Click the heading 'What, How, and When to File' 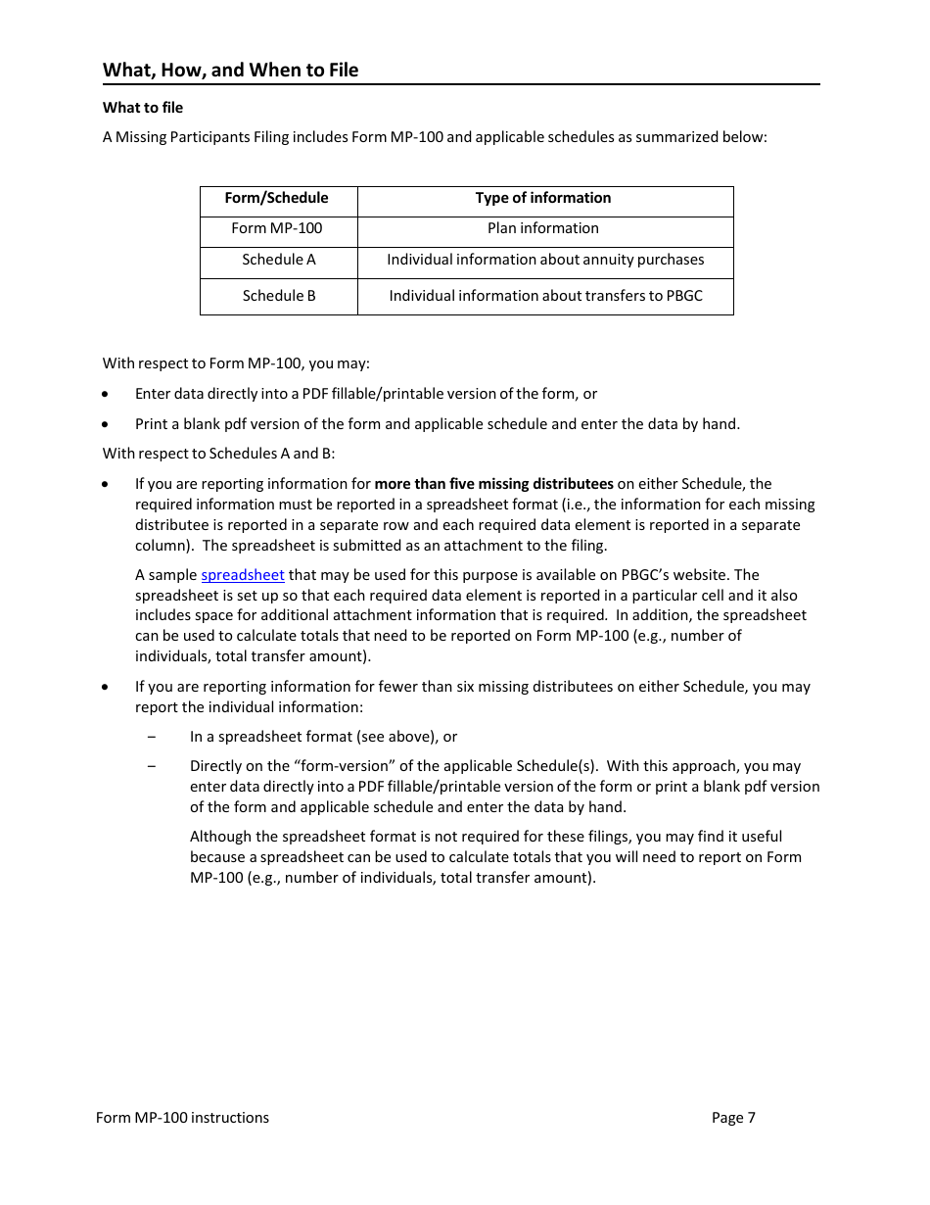(x=230, y=70)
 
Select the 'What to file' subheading (x=143, y=108)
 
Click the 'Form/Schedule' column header (x=277, y=198)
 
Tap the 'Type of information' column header (x=543, y=198)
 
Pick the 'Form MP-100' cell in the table (x=277, y=228)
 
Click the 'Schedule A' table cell (x=279, y=260)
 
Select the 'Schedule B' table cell (x=279, y=296)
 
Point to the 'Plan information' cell (x=543, y=228)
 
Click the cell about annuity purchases (x=545, y=260)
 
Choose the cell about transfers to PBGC (x=545, y=296)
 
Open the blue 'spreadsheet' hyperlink (x=243, y=575)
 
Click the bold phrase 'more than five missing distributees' (x=493, y=484)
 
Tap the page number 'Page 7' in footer (x=733, y=1118)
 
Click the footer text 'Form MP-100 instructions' (x=182, y=1118)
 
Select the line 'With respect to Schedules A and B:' (x=219, y=454)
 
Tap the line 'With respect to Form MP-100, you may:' (x=236, y=363)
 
